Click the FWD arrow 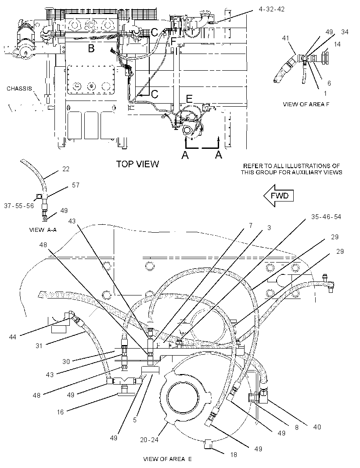click(278, 196)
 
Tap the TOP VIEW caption click(137, 164)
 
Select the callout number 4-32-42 click(272, 9)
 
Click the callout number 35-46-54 click(326, 217)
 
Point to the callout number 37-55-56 click(19, 205)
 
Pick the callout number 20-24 click(149, 439)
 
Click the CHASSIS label click(19, 89)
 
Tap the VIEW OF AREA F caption click(306, 104)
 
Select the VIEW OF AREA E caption click(167, 459)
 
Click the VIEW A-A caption click(43, 230)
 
